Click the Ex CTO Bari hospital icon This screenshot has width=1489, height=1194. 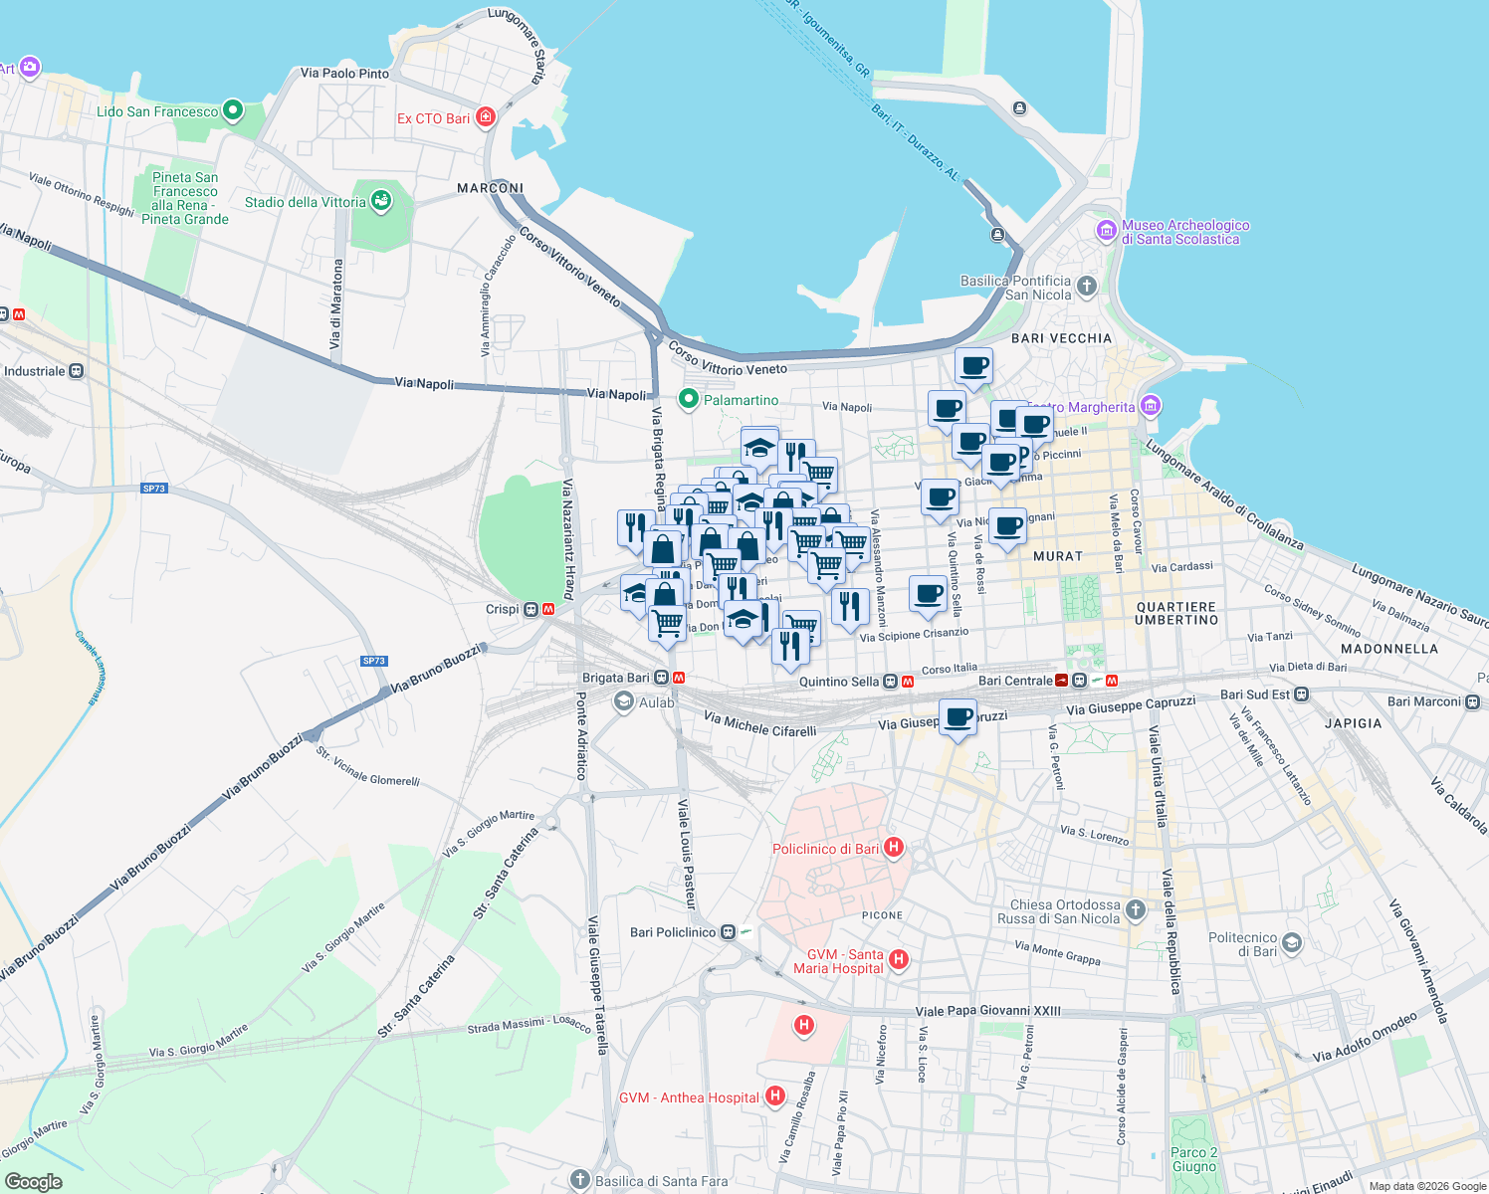[x=486, y=118]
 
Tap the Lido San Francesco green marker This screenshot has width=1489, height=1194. [x=233, y=110]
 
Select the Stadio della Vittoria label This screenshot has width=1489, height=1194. [x=305, y=202]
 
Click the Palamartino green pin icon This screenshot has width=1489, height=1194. [x=688, y=399]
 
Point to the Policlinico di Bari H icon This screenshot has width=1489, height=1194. [x=894, y=848]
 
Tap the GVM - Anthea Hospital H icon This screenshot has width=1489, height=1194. [x=775, y=1096]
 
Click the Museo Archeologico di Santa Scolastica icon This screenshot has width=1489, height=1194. [x=1106, y=231]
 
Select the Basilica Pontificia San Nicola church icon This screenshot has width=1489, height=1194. [x=1087, y=287]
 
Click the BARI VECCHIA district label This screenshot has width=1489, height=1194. [x=1061, y=338]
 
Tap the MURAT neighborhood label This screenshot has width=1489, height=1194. [x=1058, y=556]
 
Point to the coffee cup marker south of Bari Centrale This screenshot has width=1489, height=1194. [x=958, y=717]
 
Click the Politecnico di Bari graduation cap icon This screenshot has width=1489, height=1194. [x=1292, y=943]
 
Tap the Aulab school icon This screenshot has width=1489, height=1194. [x=624, y=702]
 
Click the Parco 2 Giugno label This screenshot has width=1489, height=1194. [x=1194, y=1159]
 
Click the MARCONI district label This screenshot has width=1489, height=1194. [x=490, y=188]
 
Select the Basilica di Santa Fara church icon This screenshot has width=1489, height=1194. [x=581, y=1180]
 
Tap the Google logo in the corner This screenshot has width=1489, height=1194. [x=33, y=1181]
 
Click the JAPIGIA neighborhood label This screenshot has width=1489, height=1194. [x=1353, y=723]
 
